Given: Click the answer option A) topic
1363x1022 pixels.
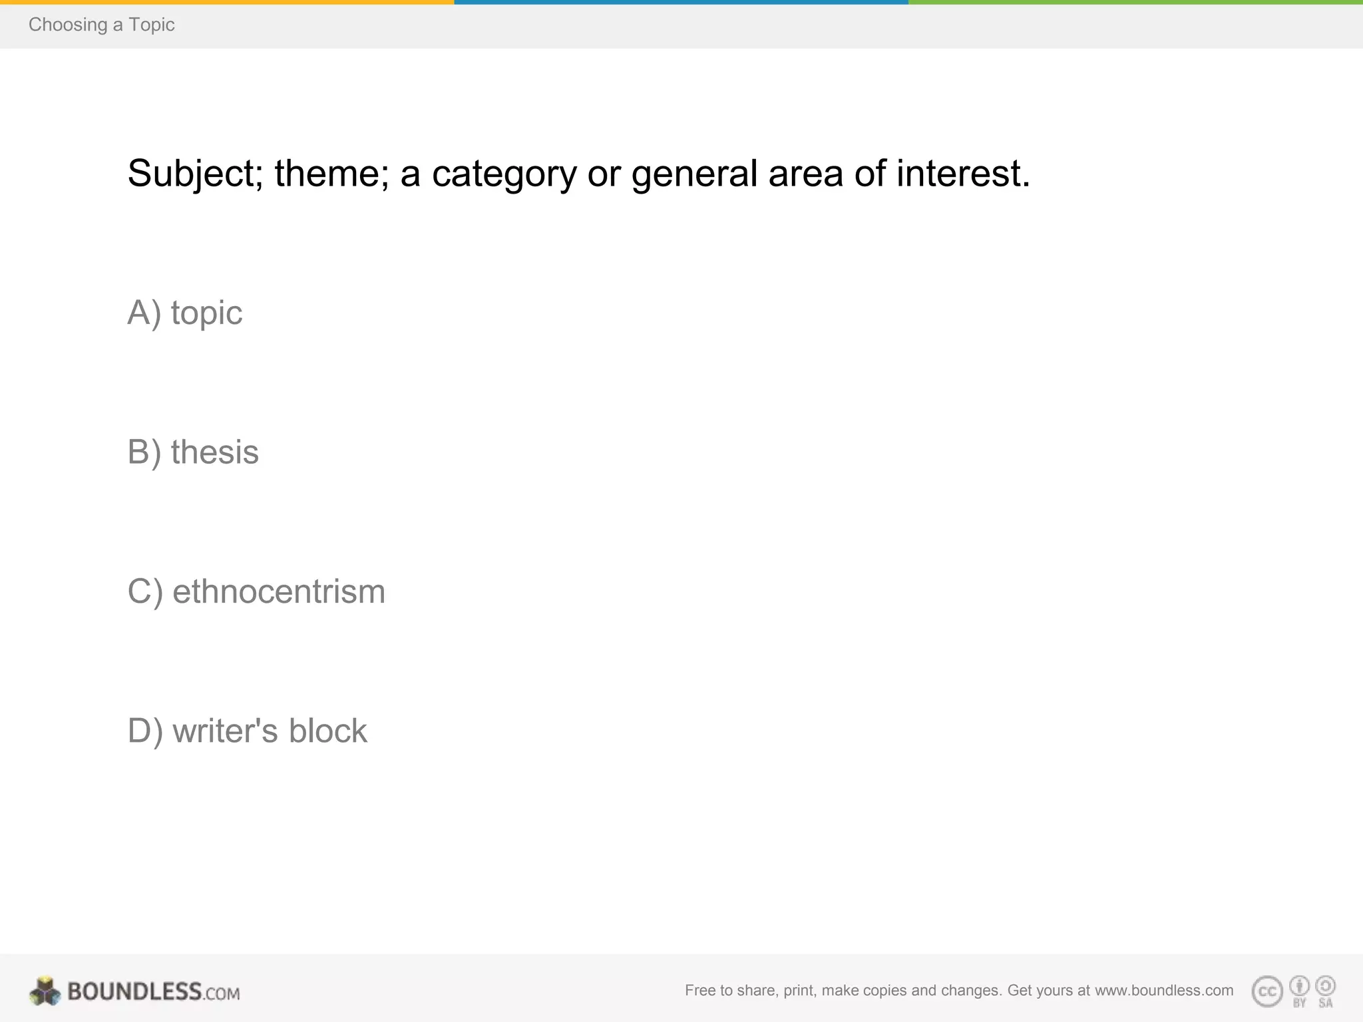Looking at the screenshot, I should (185, 313).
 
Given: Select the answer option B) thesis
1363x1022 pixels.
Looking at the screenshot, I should (193, 452).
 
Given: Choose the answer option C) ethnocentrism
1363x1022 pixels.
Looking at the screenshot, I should (256, 592).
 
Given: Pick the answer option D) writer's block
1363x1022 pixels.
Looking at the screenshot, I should (247, 731).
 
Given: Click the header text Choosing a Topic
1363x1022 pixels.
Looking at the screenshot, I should (101, 25).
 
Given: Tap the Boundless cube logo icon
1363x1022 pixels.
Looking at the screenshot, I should (45, 991).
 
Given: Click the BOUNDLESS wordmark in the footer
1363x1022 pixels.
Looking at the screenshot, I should (135, 991).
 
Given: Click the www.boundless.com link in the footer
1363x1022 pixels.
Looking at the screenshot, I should (1164, 990).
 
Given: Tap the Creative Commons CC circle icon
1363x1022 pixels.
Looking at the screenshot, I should (1267, 991).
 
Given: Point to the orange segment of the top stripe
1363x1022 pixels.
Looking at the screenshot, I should (226, 2).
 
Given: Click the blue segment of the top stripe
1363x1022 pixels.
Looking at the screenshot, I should (681, 2).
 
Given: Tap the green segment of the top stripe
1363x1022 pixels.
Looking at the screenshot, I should (1135, 2).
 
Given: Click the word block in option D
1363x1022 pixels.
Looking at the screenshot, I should (327, 731).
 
